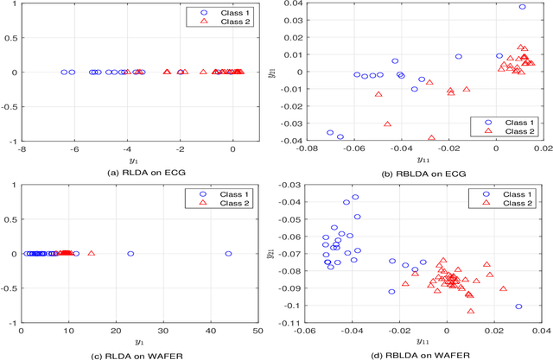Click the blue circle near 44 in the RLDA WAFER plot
228,254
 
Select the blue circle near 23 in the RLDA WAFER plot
130,254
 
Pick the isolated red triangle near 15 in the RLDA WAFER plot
92,254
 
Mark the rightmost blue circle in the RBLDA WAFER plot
518,306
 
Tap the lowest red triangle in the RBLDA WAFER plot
470,311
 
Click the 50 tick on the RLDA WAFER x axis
257,332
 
